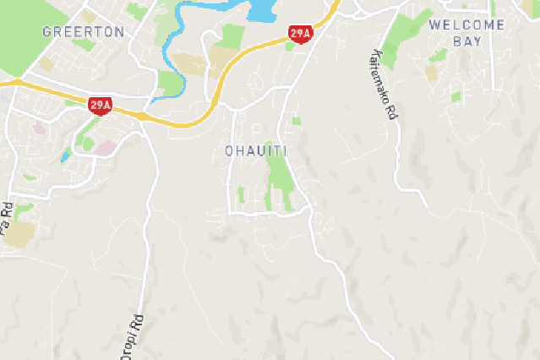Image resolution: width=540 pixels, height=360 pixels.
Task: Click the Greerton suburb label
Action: coord(83,32)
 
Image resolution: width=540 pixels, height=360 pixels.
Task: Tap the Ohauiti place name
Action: coord(256,151)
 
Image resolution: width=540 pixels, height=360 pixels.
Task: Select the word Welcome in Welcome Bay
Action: coord(467,25)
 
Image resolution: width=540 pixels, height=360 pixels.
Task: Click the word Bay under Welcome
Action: coord(466,41)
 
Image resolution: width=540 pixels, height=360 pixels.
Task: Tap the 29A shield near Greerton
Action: coord(100,105)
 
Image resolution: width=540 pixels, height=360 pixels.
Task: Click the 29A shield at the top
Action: coord(300,34)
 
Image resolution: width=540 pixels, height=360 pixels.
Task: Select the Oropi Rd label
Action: coord(134,335)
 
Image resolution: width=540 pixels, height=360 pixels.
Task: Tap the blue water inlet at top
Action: coord(261,9)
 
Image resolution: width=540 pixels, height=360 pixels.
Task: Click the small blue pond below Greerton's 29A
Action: coord(65,155)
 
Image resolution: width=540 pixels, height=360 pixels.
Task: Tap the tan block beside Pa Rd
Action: coord(19,234)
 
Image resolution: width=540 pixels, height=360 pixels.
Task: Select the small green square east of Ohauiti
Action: coord(296,121)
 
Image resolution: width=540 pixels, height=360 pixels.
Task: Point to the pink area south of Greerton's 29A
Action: coord(105,148)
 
